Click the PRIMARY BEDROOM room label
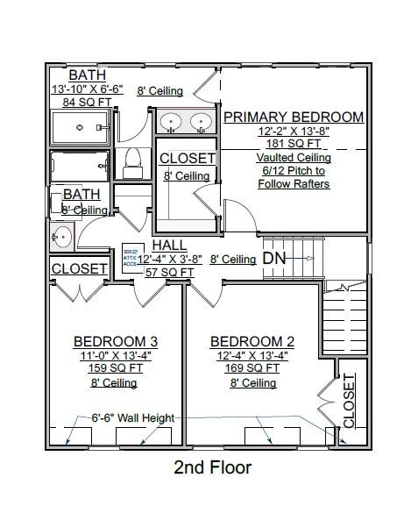pyautogui.click(x=293, y=117)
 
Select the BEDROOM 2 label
pyautogui.click(x=253, y=341)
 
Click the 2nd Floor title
pyautogui.click(x=212, y=467)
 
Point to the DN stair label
pyautogui.click(x=274, y=259)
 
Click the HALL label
pyautogui.click(x=169, y=246)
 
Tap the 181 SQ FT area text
pyautogui.click(x=294, y=144)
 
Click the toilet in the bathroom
pyautogui.click(x=133, y=159)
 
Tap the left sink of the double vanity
pyautogui.click(x=171, y=121)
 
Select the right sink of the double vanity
pyautogui.click(x=202, y=121)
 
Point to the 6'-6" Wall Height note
pyautogui.click(x=133, y=418)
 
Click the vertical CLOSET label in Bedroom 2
pyautogui.click(x=349, y=401)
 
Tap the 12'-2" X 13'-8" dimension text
pyautogui.click(x=294, y=131)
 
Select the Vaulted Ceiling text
pyautogui.click(x=294, y=158)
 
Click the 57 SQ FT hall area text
pyautogui.click(x=169, y=273)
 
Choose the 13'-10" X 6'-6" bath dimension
pyautogui.click(x=88, y=89)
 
